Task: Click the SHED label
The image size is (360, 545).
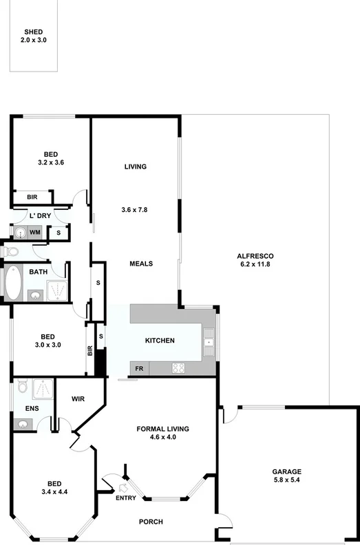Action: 33,32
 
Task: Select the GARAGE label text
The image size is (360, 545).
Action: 286,472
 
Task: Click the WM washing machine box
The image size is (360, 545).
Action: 34,233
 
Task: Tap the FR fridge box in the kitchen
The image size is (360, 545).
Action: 139,369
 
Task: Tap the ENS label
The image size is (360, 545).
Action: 32,409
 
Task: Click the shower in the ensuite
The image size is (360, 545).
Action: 42,389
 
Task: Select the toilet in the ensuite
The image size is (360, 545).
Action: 21,387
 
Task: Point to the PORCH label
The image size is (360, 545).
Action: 151,522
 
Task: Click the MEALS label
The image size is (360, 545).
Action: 141,264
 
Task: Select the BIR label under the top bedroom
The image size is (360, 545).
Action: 32,197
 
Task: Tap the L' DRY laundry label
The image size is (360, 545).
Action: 39,216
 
